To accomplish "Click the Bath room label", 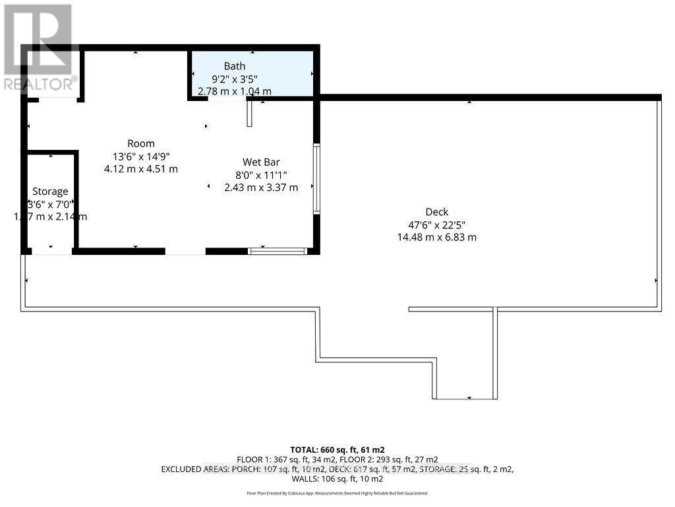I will (235, 66).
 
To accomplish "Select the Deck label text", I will (436, 212).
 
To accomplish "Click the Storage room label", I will (50, 191).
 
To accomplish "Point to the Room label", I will (141, 143).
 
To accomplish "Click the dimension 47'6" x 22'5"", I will (436, 224).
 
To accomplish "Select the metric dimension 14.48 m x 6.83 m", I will (436, 237).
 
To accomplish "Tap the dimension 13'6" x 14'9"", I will (141, 156).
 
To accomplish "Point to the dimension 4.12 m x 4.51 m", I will (141, 168).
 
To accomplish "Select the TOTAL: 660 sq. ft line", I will (337, 450).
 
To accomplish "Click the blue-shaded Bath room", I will (290, 73).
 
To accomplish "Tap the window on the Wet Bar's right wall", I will (316, 178).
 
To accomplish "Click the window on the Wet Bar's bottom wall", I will (278, 251).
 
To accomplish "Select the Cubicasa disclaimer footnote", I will (337, 492).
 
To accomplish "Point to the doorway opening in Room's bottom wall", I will (185, 252).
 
